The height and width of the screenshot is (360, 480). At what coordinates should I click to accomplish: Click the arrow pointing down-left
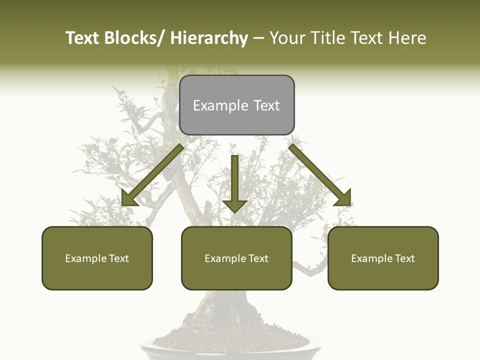pyautogui.click(x=152, y=175)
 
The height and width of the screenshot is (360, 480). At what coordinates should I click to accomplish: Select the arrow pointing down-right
pyautogui.click(x=320, y=175)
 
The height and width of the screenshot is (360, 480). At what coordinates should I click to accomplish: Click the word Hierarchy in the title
pyautogui.click(x=209, y=38)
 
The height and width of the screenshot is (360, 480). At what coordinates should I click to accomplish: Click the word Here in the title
pyautogui.click(x=408, y=38)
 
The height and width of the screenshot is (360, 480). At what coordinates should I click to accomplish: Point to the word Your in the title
pyautogui.click(x=286, y=38)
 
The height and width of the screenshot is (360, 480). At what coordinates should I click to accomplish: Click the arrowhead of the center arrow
pyautogui.click(x=234, y=206)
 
